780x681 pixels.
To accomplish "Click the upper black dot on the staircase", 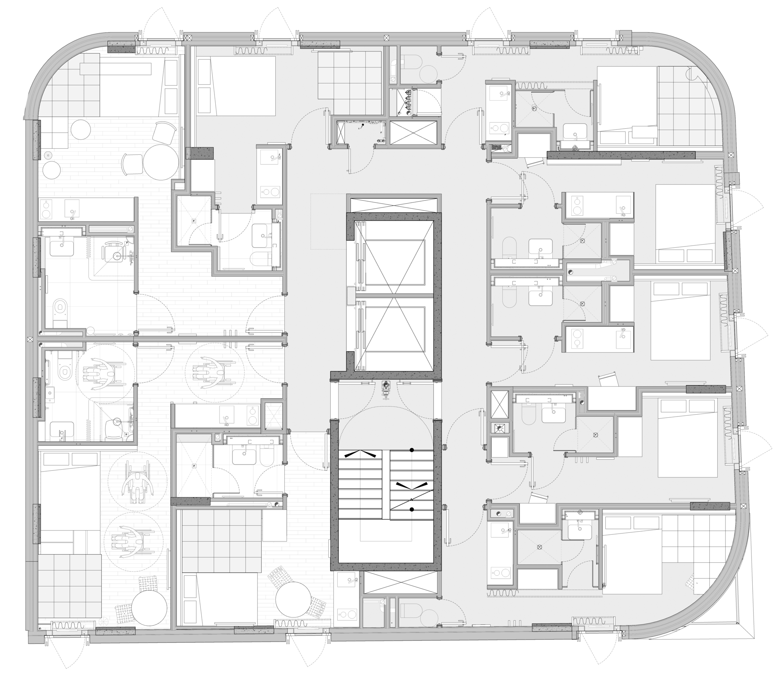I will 411,450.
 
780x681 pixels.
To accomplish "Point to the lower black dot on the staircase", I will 411,509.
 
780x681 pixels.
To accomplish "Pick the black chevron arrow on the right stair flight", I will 412,485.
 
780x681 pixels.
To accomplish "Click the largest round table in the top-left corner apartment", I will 161,162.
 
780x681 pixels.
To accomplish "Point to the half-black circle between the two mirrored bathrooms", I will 570,273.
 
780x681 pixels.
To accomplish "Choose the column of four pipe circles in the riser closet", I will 408,103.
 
